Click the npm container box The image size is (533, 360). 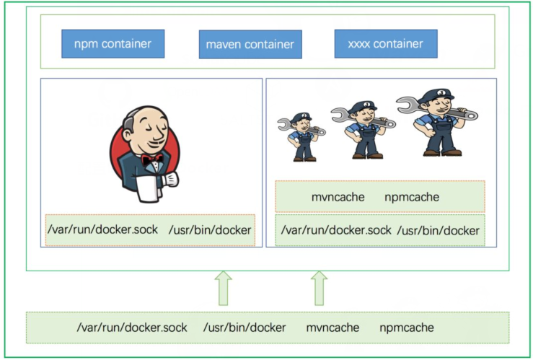pyautogui.click(x=113, y=43)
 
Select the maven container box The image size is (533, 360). pyautogui.click(x=250, y=44)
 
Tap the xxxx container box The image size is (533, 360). pyautogui.click(x=386, y=43)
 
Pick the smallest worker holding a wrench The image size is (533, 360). pyautogui.click(x=303, y=136)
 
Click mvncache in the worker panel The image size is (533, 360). pyautogui.click(x=338, y=197)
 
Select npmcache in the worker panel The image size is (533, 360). pyautogui.click(x=412, y=197)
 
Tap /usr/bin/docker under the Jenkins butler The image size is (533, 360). pyautogui.click(x=210, y=230)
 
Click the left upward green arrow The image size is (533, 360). pyautogui.click(x=224, y=287)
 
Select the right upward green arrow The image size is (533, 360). pyautogui.click(x=320, y=287)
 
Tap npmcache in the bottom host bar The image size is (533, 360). pyautogui.click(x=407, y=328)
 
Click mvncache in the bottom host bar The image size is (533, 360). pyautogui.click(x=332, y=328)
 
